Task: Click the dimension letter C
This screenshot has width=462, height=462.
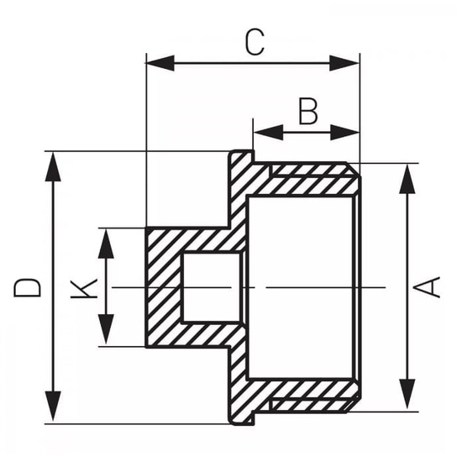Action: coord(253,41)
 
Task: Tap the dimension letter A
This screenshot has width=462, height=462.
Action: coord(430,286)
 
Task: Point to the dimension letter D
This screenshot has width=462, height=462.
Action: coord(28,286)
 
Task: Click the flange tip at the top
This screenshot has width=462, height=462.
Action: coord(242,158)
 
